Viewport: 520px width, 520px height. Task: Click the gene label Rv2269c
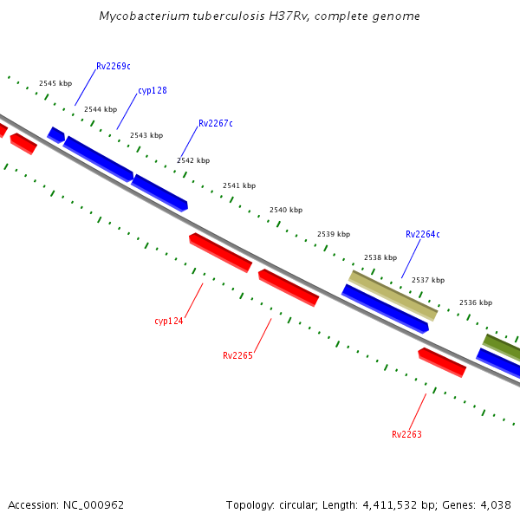pyautogui.click(x=113, y=66)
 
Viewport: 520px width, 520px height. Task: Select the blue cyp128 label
pyautogui.click(x=152, y=91)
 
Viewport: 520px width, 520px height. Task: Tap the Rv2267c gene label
pyautogui.click(x=216, y=123)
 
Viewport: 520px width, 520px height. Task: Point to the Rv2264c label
pyautogui.click(x=422, y=234)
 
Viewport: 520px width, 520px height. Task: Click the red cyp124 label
pyautogui.click(x=169, y=321)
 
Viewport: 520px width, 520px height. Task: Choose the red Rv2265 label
pyautogui.click(x=237, y=355)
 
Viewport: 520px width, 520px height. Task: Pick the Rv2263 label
pyautogui.click(x=406, y=434)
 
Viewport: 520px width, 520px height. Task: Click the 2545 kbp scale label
pyautogui.click(x=55, y=83)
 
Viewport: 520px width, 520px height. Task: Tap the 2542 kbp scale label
pyautogui.click(x=193, y=160)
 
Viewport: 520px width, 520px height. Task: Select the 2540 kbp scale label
pyautogui.click(x=286, y=210)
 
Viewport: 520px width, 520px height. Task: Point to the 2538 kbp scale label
pyautogui.click(x=380, y=257)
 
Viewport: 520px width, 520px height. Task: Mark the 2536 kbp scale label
pyautogui.click(x=475, y=302)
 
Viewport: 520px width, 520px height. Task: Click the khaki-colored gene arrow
pyautogui.click(x=393, y=296)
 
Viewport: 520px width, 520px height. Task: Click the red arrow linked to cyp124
pyautogui.click(x=220, y=252)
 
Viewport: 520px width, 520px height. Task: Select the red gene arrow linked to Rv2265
pyautogui.click(x=289, y=287)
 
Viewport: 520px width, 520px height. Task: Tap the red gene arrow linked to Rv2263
pyautogui.click(x=442, y=362)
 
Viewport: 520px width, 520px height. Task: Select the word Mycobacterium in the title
pyautogui.click(x=140, y=16)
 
